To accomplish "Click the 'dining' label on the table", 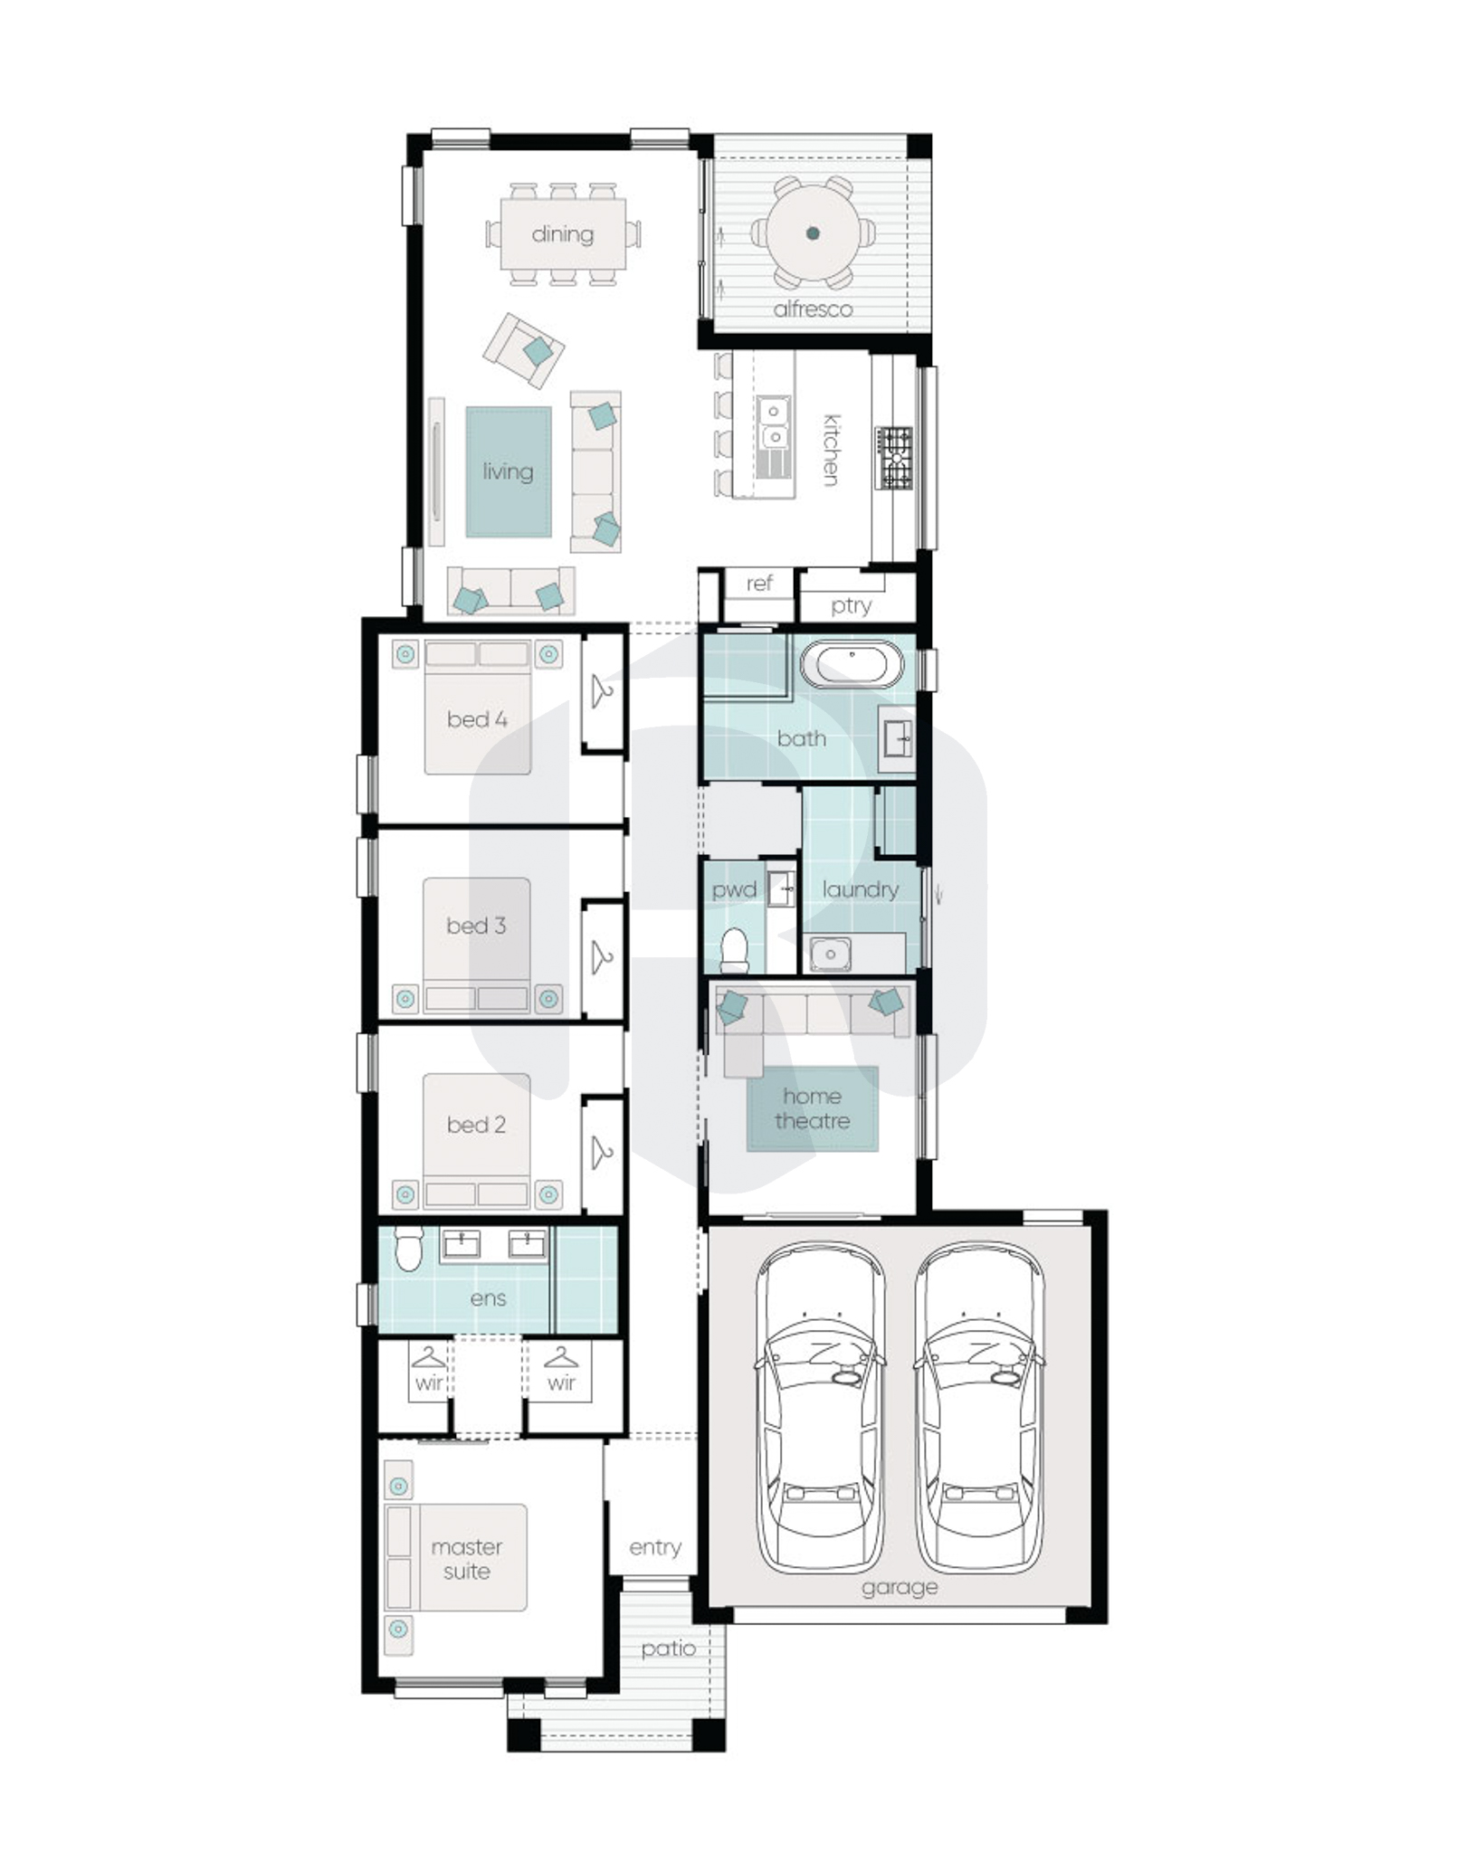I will [x=562, y=234].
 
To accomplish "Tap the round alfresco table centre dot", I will [x=813, y=233].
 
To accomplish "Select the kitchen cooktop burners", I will [x=894, y=459].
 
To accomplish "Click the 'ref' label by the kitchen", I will [x=759, y=584].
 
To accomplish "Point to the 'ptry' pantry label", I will [x=851, y=605].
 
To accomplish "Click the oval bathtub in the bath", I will [x=852, y=666].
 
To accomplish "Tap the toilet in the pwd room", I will [x=734, y=949].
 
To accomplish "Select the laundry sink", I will [x=830, y=954].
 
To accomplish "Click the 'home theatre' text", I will [x=812, y=1108].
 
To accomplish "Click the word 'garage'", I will [x=899, y=1587].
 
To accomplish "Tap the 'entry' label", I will [x=655, y=1547].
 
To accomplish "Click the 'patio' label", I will [x=668, y=1649].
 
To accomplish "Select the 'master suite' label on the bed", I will [x=466, y=1559].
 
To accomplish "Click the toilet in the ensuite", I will [x=409, y=1248].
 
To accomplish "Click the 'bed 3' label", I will [x=476, y=926].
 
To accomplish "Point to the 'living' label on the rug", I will [x=508, y=471].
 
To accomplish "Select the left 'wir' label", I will [x=429, y=1383].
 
